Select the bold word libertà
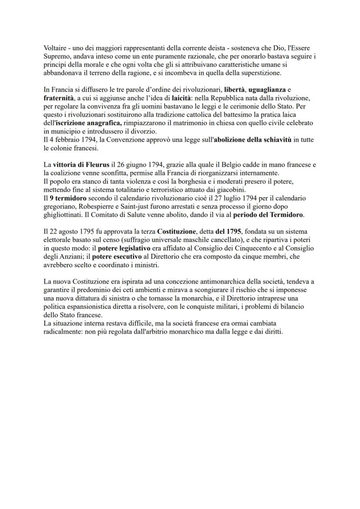point(234,89)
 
